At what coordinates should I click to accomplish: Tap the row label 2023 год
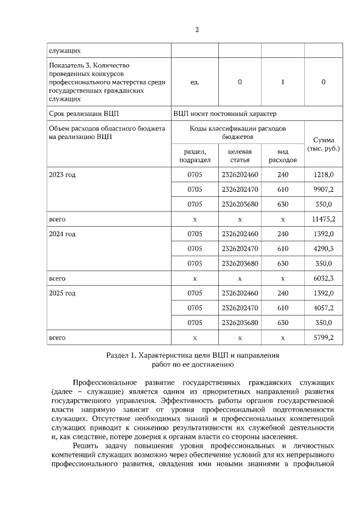(x=62, y=174)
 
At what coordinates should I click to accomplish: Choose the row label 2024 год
(x=62, y=233)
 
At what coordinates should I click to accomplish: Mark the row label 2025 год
(x=62, y=293)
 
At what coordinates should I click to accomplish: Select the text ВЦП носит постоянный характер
(x=225, y=114)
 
